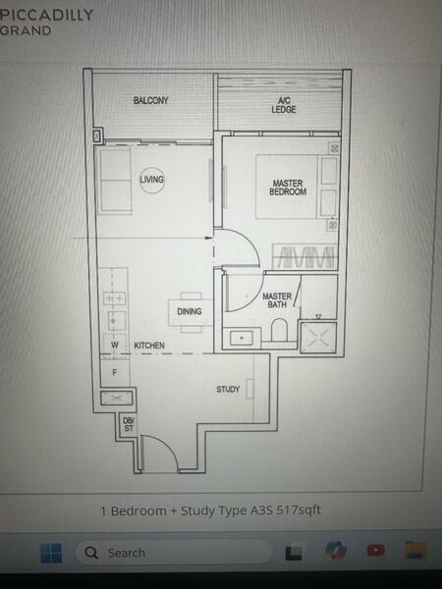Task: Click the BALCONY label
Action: tap(151, 101)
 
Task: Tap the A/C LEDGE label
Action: tap(283, 105)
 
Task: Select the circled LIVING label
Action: tap(151, 180)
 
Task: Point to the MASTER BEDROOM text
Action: tap(288, 187)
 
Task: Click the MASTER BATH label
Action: tap(276, 300)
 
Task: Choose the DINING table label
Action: tap(190, 312)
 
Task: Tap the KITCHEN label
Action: tap(148, 346)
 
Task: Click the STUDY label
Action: tap(228, 390)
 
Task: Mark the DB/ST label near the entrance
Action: tap(129, 425)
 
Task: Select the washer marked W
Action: tap(114, 346)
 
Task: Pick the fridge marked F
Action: tap(114, 373)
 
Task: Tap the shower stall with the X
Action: tap(318, 336)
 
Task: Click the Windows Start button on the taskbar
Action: tap(51, 553)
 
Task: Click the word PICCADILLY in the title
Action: tap(47, 15)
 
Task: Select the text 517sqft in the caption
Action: tap(295, 510)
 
